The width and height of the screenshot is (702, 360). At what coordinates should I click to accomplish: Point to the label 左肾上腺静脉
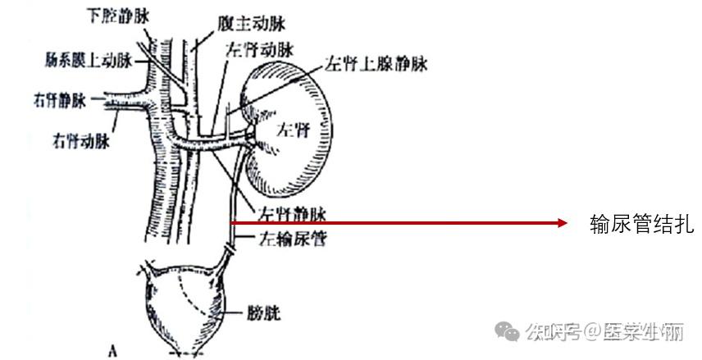point(377,62)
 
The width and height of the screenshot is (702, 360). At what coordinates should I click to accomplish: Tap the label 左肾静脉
point(292,215)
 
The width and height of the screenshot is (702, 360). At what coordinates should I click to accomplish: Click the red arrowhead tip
point(567,222)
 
